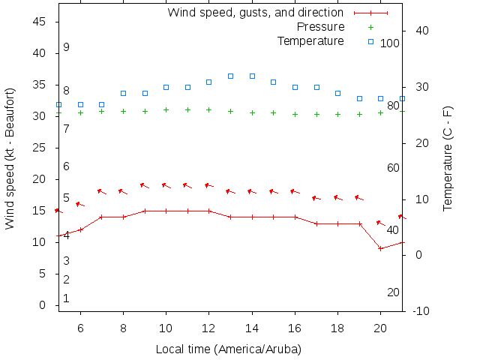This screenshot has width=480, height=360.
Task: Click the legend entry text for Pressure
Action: [x=320, y=27]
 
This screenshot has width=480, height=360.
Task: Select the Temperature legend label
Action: [x=310, y=40]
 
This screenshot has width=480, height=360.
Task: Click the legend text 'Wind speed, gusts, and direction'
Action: [x=255, y=13]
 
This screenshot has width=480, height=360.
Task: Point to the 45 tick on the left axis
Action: [x=41, y=22]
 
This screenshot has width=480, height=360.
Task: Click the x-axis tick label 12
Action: [x=209, y=328]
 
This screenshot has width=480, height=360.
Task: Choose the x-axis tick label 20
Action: [x=381, y=328]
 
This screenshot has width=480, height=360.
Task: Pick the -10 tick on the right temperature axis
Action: [x=421, y=310]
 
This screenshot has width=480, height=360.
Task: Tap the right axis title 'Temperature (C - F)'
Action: [x=448, y=157]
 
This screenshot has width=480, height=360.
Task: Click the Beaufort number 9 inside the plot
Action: [x=67, y=47]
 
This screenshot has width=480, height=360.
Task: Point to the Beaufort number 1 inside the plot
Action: [x=67, y=298]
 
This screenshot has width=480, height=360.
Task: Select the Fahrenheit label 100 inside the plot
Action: [x=389, y=43]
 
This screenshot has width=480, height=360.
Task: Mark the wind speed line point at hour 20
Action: [x=381, y=248]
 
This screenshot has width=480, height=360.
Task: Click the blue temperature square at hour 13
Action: [x=231, y=76]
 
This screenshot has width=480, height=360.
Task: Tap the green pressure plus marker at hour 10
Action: [x=166, y=110]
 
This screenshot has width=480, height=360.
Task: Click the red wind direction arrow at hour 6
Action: [x=79, y=204]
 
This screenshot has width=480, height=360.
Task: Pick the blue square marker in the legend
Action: [x=370, y=40]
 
